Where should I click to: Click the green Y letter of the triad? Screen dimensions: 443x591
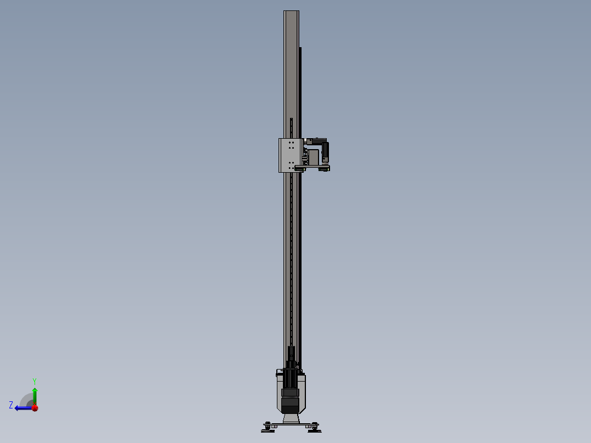[34, 380]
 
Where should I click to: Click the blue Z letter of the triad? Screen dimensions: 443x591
[11, 405]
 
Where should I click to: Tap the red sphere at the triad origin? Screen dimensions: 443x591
[35, 408]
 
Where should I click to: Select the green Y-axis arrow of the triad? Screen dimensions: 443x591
[35, 395]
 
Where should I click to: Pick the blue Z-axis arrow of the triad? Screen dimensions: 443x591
[23, 408]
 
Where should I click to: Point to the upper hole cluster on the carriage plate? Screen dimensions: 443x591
[291, 145]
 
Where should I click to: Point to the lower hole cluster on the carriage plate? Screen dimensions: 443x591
[291, 165]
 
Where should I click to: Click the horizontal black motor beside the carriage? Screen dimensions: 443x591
[319, 141]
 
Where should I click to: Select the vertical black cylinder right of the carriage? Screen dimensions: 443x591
[326, 151]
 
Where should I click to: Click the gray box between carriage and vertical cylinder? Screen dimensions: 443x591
[314, 157]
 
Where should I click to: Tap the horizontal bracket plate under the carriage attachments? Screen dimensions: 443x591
[312, 167]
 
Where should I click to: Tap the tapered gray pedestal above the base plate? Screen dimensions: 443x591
[291, 419]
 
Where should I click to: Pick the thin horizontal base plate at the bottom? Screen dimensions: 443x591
[291, 424]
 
